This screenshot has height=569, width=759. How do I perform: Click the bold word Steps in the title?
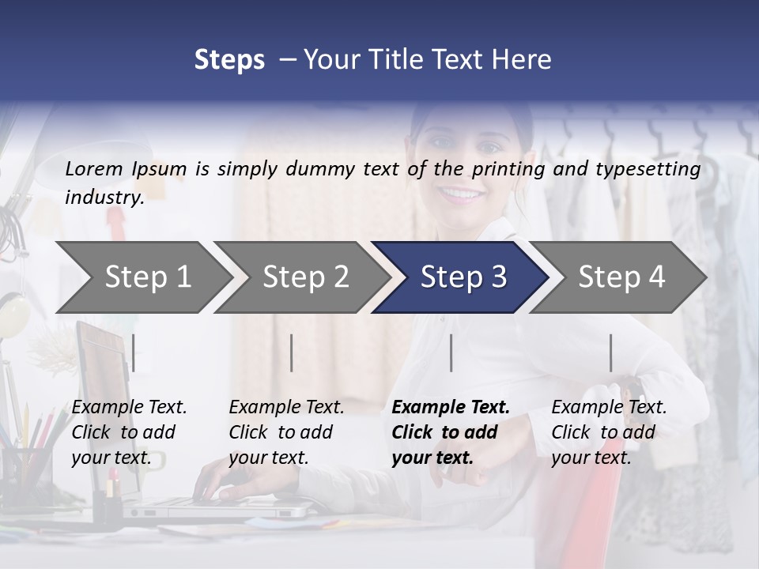coord(229,60)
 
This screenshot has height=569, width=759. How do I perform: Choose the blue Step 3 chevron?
coord(463,277)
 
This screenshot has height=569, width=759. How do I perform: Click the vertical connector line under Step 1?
coord(134,352)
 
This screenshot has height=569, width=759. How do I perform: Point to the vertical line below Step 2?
coord(292,352)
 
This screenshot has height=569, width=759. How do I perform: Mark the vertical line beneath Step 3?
coord(451,352)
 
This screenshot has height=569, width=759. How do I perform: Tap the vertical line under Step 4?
coord(611,352)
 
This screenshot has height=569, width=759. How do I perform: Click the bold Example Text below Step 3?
coord(451,407)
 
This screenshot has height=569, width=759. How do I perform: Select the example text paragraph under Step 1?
coord(128,432)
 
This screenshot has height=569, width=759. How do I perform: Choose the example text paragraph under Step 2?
coord(285,432)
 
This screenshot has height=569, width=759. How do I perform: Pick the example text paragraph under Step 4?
coord(608,432)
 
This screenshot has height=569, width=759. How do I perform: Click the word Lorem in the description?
coord(94,168)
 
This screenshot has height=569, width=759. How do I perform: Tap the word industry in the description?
coord(104,198)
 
